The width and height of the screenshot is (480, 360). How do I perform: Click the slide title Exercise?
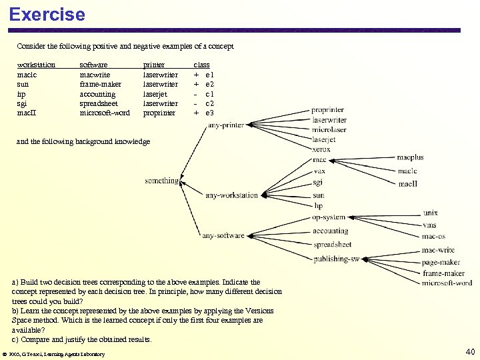[47, 14]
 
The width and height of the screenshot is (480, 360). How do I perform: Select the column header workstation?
[36, 65]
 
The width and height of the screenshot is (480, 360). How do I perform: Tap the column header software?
[93, 65]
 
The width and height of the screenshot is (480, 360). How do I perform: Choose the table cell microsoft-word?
[105, 113]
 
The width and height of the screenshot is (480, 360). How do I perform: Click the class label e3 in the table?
[209, 113]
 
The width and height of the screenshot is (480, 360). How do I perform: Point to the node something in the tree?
[162, 181]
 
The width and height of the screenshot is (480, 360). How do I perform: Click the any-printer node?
[226, 125]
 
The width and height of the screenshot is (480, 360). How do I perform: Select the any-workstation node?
[231, 196]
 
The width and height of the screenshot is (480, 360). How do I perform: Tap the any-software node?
[223, 235]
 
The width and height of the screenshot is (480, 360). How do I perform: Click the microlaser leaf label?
[329, 130]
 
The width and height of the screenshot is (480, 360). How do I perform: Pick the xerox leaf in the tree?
[321, 149]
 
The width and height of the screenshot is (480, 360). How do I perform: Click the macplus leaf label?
[410, 158]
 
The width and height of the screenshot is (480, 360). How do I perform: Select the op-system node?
[329, 217]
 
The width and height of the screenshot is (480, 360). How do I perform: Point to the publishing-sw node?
[336, 259]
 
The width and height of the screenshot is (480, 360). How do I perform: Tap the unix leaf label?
[430, 213]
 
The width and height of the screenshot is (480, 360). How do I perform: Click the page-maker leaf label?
[441, 263]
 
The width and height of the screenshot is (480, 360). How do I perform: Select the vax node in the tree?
[319, 171]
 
